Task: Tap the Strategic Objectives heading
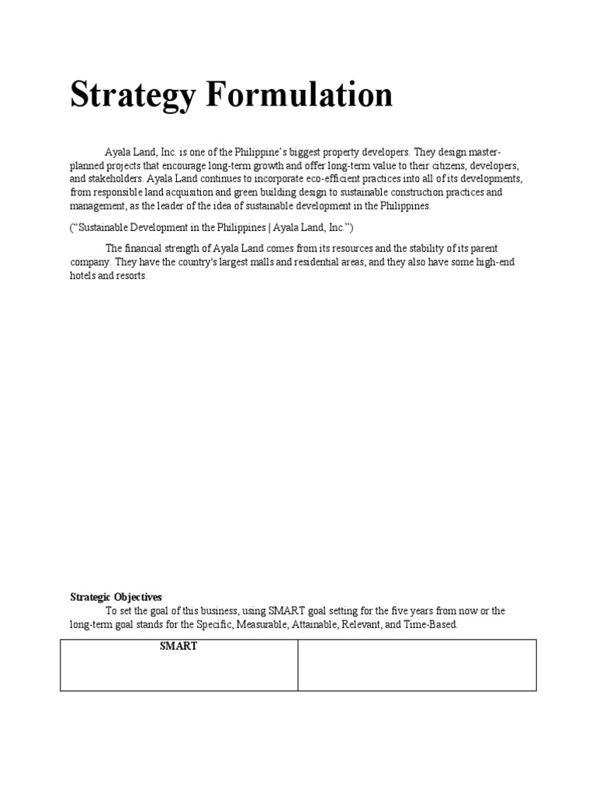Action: click(x=116, y=597)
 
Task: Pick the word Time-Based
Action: click(x=433, y=625)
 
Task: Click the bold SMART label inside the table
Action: click(x=178, y=647)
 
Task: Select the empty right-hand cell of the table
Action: click(x=418, y=665)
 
